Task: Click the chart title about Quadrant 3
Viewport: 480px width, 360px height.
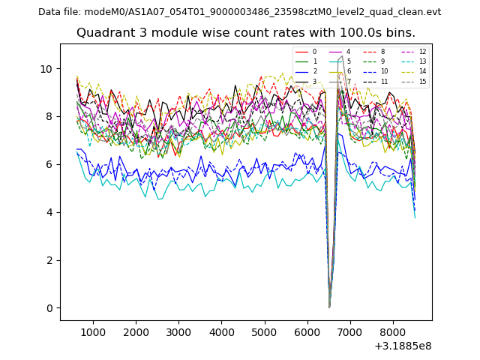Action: click(x=246, y=33)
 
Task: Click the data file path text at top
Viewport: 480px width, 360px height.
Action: click(x=239, y=12)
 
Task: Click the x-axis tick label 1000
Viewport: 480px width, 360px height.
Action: click(x=93, y=332)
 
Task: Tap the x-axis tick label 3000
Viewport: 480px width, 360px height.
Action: click(x=178, y=332)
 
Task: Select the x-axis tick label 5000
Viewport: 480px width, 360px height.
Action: click(x=264, y=332)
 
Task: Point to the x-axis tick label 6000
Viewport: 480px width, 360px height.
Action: click(x=307, y=332)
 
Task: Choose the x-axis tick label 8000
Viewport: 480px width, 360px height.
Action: click(x=392, y=332)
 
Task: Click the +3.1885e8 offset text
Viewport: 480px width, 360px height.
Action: click(x=402, y=346)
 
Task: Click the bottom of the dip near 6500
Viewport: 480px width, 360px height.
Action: click(x=329, y=307)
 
